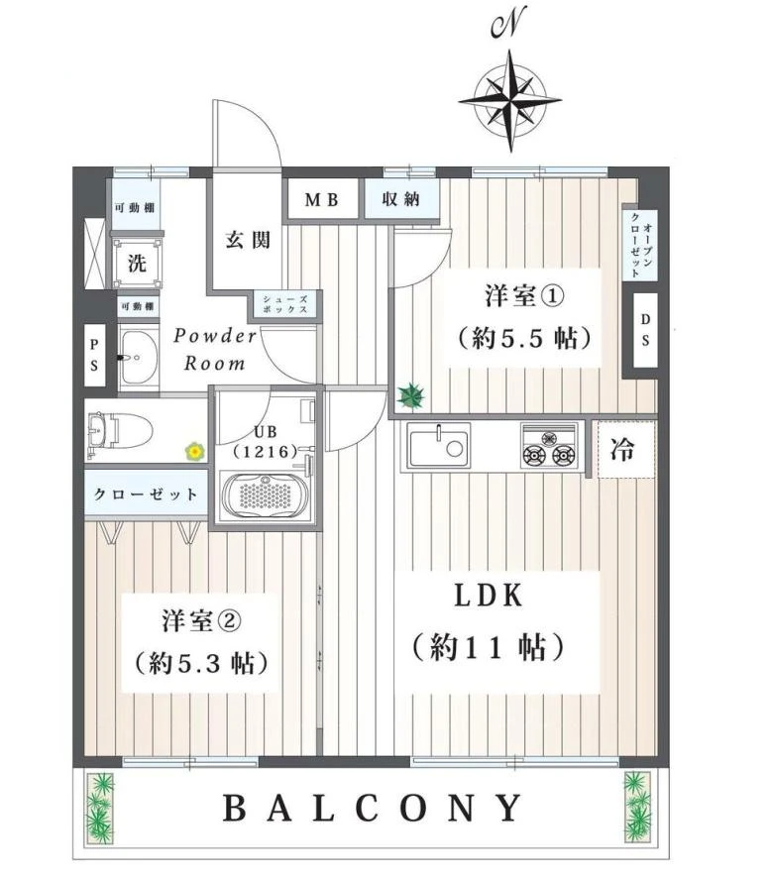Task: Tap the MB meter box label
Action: tap(322, 199)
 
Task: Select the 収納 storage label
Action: tap(400, 198)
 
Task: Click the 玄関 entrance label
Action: tap(248, 240)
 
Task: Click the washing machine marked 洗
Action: tap(137, 263)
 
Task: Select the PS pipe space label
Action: tap(94, 356)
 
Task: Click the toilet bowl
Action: tap(120, 431)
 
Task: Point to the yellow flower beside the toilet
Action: tap(195, 451)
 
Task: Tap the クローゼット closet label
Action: tap(146, 494)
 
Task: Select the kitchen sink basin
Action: tap(439, 447)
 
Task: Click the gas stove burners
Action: tap(548, 447)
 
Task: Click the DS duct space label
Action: tap(645, 330)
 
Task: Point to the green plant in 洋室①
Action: tap(411, 395)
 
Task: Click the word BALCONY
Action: tap(373, 808)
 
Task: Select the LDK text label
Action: tap(489, 596)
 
